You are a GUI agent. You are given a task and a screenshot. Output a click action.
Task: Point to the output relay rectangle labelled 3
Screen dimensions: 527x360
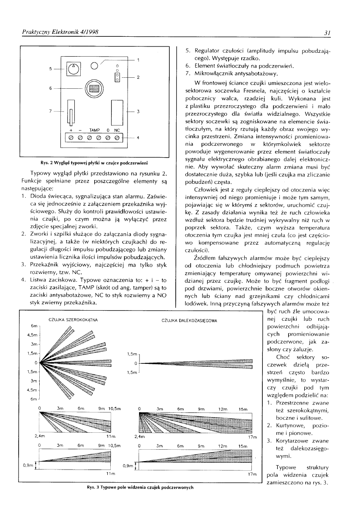coord(116,111)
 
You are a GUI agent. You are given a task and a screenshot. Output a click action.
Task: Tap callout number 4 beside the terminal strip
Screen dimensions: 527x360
coord(138,138)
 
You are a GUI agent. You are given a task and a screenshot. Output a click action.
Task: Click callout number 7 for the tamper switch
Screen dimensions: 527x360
coord(51,111)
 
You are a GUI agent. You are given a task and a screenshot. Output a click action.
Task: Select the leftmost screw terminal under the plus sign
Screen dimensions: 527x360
coord(71,138)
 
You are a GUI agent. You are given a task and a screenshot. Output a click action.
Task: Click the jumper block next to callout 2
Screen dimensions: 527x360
coord(117,76)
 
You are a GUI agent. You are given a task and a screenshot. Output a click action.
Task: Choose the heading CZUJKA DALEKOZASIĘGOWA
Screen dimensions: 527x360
coord(190,321)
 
